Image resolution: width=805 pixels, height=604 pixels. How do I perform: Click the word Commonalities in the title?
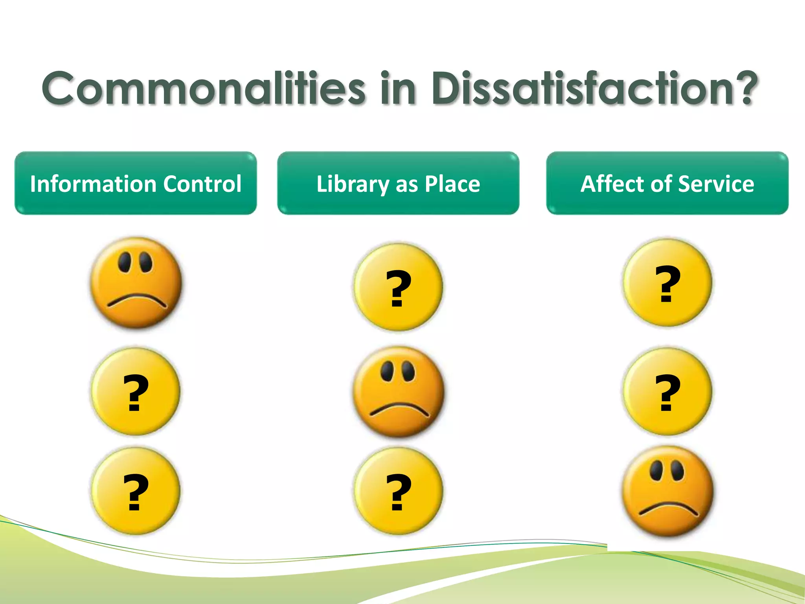click(x=204, y=88)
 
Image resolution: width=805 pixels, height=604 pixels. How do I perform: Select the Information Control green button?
click(x=136, y=183)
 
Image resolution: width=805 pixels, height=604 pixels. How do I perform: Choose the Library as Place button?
click(x=398, y=183)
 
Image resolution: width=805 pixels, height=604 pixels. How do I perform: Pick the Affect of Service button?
click(x=667, y=183)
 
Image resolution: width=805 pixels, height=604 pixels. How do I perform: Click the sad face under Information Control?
click(x=136, y=282)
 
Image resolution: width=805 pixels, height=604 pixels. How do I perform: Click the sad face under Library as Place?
click(x=399, y=392)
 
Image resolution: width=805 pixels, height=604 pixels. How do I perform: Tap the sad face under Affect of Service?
click(x=667, y=491)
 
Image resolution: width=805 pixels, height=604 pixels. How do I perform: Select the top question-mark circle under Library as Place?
click(x=398, y=287)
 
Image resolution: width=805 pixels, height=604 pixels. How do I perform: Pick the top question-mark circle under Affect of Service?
click(x=667, y=282)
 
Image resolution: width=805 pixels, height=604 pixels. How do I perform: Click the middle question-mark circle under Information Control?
click(x=136, y=392)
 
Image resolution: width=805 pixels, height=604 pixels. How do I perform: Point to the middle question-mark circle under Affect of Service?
click(x=667, y=392)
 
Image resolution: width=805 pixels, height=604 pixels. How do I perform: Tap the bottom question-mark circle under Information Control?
click(x=136, y=491)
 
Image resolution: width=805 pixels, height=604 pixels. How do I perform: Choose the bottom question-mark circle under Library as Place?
click(x=398, y=491)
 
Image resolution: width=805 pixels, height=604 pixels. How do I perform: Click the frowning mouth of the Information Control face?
click(x=137, y=300)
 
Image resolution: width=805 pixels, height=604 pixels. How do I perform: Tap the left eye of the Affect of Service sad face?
click(x=656, y=470)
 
